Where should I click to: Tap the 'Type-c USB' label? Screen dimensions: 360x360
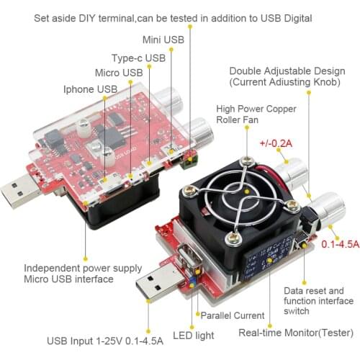[x=138, y=57]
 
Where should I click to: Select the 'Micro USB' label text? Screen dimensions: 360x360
[x=120, y=73]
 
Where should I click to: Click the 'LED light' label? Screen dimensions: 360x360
[x=194, y=335]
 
